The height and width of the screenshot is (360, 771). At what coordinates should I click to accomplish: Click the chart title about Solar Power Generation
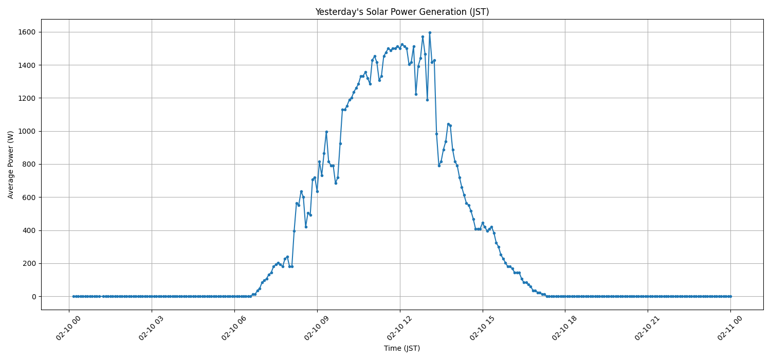402,12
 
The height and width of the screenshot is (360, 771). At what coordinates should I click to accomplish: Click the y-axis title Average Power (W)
11,165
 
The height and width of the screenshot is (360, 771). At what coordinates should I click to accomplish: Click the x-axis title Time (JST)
402,348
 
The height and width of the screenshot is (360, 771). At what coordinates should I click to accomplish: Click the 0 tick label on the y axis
33,297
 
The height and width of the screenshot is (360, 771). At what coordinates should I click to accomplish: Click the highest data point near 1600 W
430,32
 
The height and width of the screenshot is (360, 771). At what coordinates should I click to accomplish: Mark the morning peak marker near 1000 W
326,132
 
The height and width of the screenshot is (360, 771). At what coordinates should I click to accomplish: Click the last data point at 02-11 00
730,296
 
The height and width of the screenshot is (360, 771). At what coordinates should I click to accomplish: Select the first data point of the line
74,296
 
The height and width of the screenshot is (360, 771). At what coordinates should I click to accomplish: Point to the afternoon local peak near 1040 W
448,124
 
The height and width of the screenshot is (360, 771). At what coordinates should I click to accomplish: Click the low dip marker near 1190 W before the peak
427,100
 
